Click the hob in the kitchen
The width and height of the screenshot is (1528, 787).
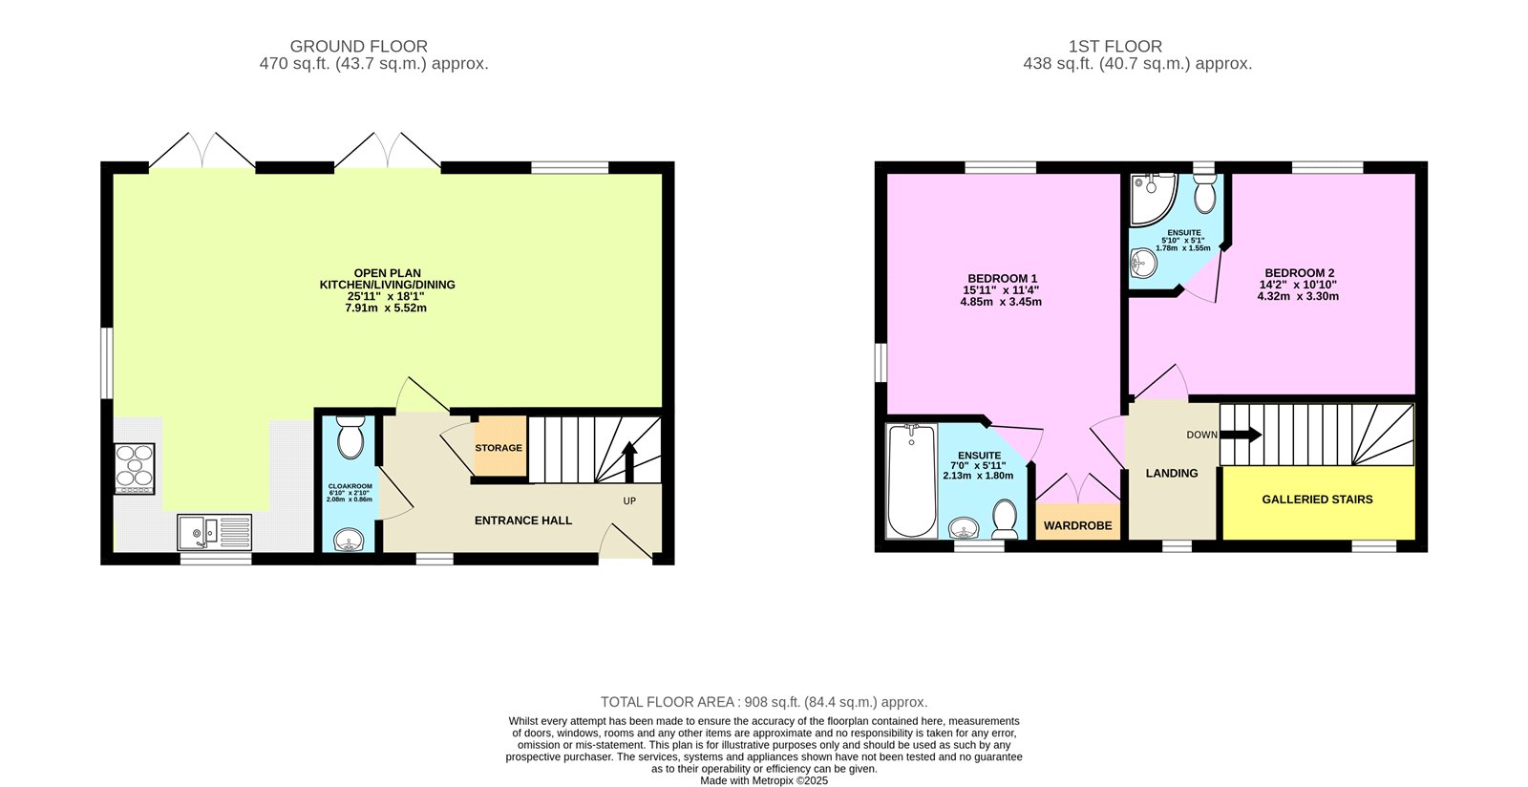(x=135, y=468)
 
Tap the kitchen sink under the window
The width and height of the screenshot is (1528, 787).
(x=215, y=531)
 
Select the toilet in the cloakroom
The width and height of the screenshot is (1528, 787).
(x=350, y=438)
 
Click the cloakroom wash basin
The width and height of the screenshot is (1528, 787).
(x=350, y=541)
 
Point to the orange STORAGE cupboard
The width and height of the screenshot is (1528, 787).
(x=499, y=447)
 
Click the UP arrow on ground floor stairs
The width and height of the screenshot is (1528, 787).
(x=629, y=461)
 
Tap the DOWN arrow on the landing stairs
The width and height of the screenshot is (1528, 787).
(x=1241, y=436)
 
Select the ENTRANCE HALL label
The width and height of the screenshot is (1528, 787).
(x=523, y=521)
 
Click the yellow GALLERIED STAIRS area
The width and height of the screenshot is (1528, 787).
(x=1317, y=500)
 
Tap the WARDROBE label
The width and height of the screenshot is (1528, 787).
(x=1077, y=526)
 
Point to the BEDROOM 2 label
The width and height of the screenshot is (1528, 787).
(x=1298, y=273)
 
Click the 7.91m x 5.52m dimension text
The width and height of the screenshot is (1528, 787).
(x=387, y=308)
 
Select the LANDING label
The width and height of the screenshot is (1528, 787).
(x=1172, y=474)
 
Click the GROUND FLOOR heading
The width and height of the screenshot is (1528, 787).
(x=358, y=46)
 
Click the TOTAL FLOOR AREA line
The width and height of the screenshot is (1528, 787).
(x=764, y=702)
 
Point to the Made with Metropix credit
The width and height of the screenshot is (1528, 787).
(x=764, y=780)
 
